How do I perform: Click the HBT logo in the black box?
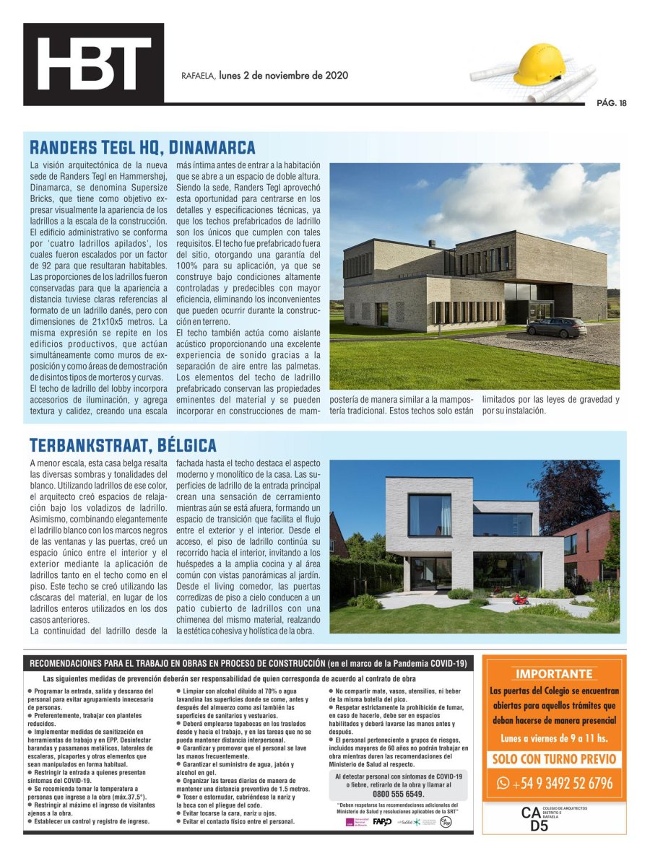93,64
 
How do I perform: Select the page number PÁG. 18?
611,103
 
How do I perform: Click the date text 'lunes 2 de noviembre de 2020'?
284,75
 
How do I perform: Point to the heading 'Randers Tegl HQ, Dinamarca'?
142,149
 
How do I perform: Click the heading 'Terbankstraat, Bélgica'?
123,445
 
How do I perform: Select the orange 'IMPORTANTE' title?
553,674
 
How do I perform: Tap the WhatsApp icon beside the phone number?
503,783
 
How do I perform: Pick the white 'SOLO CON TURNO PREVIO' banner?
554,759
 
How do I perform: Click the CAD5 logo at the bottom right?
539,818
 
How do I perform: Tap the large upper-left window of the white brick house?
429,515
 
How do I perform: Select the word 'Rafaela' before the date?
197,76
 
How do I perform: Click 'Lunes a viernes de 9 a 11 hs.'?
554,738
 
